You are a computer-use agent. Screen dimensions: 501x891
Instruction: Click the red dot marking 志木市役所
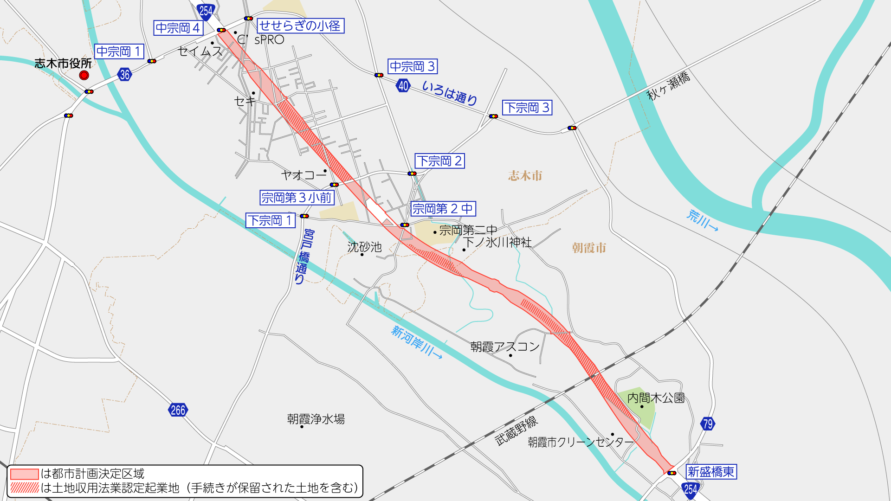click(x=84, y=75)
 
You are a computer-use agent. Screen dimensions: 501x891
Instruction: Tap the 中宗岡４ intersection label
click(x=178, y=28)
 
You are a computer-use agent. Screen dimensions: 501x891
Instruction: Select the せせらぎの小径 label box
click(x=300, y=26)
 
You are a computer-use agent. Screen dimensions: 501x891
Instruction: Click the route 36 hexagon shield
click(x=124, y=74)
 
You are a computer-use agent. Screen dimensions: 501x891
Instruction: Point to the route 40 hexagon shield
click(x=403, y=86)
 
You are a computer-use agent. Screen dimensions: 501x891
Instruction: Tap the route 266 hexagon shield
click(x=178, y=410)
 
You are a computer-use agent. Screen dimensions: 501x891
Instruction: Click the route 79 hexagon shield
click(x=708, y=424)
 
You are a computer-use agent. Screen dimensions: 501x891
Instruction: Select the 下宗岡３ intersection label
click(x=527, y=108)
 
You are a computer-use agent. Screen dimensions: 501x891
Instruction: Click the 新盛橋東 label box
click(x=711, y=472)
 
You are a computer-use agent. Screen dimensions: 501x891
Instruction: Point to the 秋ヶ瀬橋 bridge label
click(x=668, y=86)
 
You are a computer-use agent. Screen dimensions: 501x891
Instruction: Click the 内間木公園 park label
click(x=656, y=398)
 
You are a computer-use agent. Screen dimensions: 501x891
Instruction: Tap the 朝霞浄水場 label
click(x=316, y=419)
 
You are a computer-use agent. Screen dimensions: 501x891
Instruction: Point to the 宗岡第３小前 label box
click(x=297, y=198)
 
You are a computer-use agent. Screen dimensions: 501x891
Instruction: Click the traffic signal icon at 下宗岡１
click(x=304, y=216)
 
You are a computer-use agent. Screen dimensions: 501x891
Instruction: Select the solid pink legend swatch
click(x=25, y=474)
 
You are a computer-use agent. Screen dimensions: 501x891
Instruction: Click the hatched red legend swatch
click(x=25, y=488)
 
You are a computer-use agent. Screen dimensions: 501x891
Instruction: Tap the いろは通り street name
click(x=449, y=93)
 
